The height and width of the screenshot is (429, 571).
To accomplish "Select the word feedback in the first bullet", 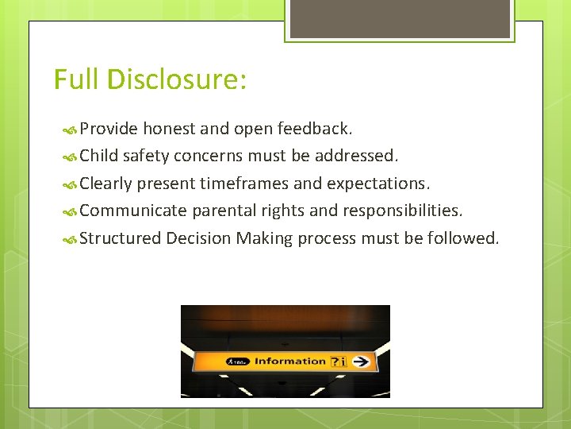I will click(315, 129).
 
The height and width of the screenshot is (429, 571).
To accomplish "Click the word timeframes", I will click(244, 184).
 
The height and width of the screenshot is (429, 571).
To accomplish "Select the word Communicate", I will click(133, 211).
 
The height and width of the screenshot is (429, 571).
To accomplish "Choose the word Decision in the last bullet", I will click(198, 238).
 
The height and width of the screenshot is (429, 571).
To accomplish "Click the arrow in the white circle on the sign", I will click(362, 361).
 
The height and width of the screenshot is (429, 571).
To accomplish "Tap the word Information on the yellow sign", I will click(290, 361).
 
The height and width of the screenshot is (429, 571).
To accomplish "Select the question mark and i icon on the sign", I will click(338, 361).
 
